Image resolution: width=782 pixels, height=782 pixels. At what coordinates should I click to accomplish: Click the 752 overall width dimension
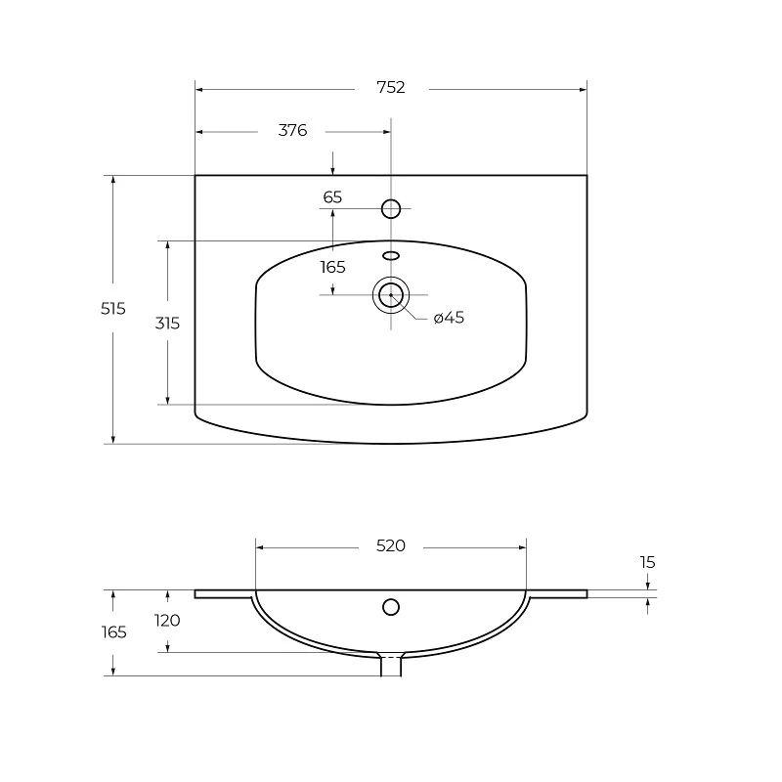pos(390,88)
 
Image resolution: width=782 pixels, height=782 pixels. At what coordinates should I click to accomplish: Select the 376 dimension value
pos(292,131)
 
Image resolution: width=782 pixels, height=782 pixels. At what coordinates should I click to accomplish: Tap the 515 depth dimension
pos(113,309)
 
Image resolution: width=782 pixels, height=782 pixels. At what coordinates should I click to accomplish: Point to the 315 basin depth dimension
pos(167,324)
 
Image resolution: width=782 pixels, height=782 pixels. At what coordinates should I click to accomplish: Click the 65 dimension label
pos(332,197)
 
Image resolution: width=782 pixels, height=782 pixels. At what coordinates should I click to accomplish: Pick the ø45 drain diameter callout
pos(449,318)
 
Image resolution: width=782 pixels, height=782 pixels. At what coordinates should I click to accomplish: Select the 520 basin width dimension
pos(390,546)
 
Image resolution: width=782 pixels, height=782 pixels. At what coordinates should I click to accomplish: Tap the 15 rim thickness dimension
pos(647,563)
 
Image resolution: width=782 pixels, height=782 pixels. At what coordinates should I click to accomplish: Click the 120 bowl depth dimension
pos(167,621)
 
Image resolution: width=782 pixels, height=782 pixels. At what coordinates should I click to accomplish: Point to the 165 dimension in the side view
pos(113,632)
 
